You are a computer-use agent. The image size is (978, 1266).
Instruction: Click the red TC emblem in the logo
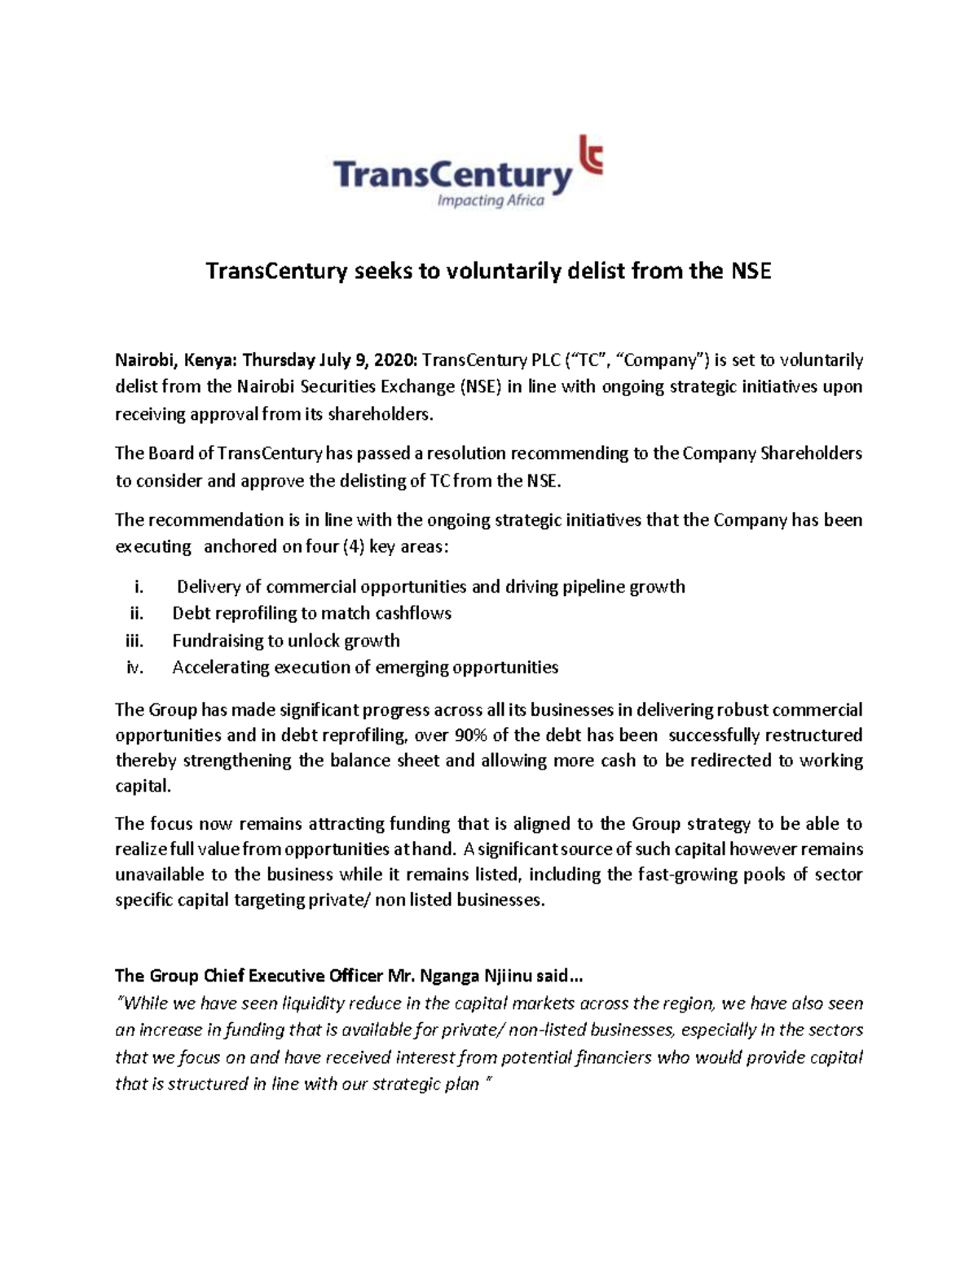coord(589,157)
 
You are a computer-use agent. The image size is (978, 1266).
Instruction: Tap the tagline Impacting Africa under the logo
coord(491,201)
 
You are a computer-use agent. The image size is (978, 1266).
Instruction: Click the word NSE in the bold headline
coord(747,271)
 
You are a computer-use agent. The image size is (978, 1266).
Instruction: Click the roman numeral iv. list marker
coord(135,668)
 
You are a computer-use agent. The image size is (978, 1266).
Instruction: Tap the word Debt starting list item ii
coord(190,614)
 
